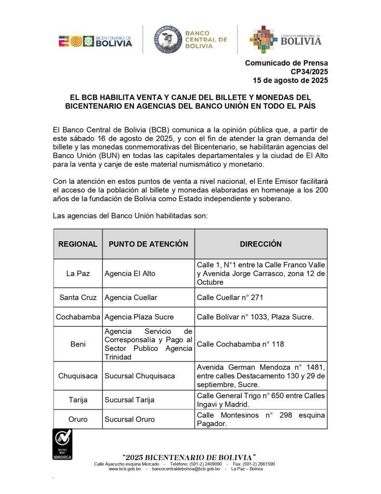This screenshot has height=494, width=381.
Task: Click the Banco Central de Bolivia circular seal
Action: (x=168, y=40)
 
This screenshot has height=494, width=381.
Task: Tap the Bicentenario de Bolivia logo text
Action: (x=114, y=41)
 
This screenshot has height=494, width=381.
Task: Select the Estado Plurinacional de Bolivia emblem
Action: (x=263, y=40)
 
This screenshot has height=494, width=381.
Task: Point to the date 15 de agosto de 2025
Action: (x=290, y=80)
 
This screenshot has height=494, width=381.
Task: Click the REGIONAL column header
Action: (x=78, y=244)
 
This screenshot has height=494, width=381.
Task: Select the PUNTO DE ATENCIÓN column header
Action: (x=148, y=244)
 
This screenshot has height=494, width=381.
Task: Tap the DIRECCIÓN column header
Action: (x=261, y=244)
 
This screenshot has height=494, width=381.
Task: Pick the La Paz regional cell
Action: (x=78, y=274)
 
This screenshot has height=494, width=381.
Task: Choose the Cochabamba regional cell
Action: (x=78, y=317)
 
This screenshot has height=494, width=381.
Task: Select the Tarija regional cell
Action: (x=78, y=400)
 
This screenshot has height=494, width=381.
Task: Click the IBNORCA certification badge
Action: (x=62, y=444)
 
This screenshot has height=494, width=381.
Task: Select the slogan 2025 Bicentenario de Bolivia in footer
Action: (x=189, y=457)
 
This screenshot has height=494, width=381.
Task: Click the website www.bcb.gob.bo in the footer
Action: (x=124, y=469)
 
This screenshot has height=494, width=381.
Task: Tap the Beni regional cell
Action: (x=78, y=344)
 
